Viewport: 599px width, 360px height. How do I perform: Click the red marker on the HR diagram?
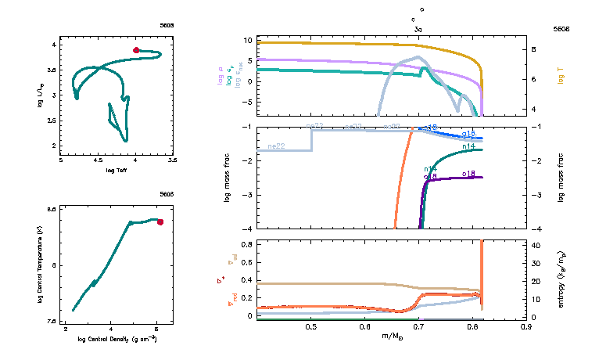click(x=136, y=50)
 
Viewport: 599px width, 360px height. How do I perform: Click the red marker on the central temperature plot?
click(x=160, y=222)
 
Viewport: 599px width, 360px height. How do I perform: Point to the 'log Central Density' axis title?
click(x=117, y=340)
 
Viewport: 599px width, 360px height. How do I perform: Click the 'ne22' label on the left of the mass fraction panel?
click(x=275, y=146)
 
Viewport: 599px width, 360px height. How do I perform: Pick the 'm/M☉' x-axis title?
click(x=393, y=337)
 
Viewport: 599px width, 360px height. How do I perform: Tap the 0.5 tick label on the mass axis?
click(x=311, y=326)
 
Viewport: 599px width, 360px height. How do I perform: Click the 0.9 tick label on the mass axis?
click(x=529, y=326)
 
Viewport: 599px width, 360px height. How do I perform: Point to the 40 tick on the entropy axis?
click(x=538, y=245)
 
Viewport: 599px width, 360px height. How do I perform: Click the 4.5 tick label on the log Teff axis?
click(x=99, y=160)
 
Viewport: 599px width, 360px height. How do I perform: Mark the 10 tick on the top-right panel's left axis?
click(x=247, y=40)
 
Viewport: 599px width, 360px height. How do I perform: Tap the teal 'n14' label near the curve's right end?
click(x=469, y=146)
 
